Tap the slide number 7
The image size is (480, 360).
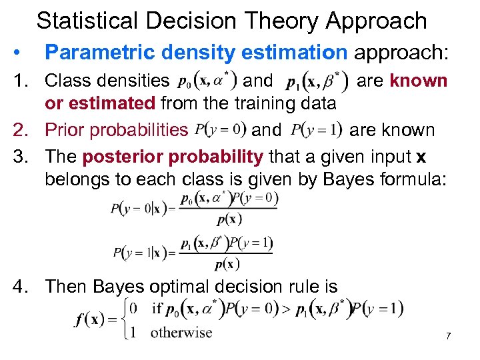(449, 335)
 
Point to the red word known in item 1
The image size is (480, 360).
(418, 81)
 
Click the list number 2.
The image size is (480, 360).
(22, 129)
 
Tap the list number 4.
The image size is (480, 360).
(22, 287)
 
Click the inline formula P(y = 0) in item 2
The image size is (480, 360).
(221, 129)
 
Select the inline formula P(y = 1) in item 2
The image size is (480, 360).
(316, 129)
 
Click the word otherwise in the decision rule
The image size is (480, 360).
(181, 332)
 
